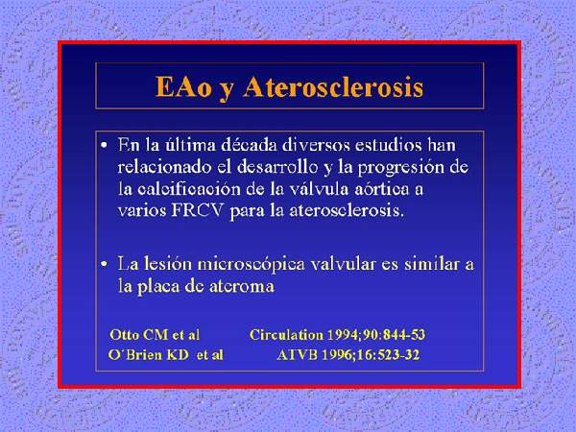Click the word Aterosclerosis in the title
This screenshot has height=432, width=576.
(x=333, y=87)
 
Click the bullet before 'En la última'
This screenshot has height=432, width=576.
(x=105, y=146)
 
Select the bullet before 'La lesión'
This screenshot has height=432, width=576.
(x=105, y=265)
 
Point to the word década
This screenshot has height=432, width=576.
(x=250, y=145)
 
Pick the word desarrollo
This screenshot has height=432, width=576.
(x=277, y=167)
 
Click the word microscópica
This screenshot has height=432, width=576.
(x=251, y=265)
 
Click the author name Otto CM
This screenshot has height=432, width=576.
(x=139, y=335)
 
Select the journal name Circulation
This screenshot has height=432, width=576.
(x=286, y=335)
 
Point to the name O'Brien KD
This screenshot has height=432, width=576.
(x=149, y=355)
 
